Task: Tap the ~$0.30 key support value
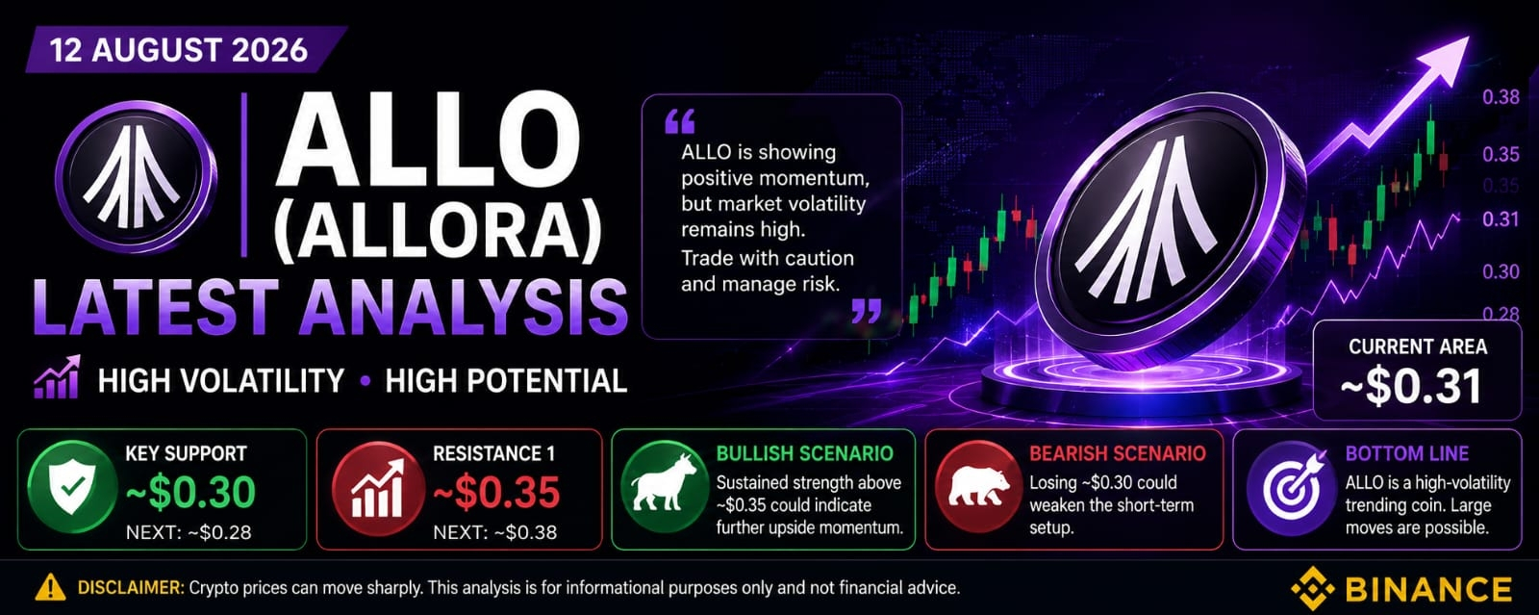coord(190,492)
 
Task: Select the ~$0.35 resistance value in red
coord(496,492)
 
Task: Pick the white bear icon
coord(978,486)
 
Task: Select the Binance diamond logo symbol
coord(1312,588)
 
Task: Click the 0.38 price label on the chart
coord(1501,97)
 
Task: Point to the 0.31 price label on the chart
coord(1501,219)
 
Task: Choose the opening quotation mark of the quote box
coord(679,121)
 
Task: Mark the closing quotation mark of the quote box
coord(867,311)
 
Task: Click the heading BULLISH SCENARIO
coord(804,453)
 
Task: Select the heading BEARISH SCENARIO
coord(1117,453)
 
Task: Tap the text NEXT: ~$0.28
coord(189,532)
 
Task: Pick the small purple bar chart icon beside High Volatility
coord(57,377)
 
